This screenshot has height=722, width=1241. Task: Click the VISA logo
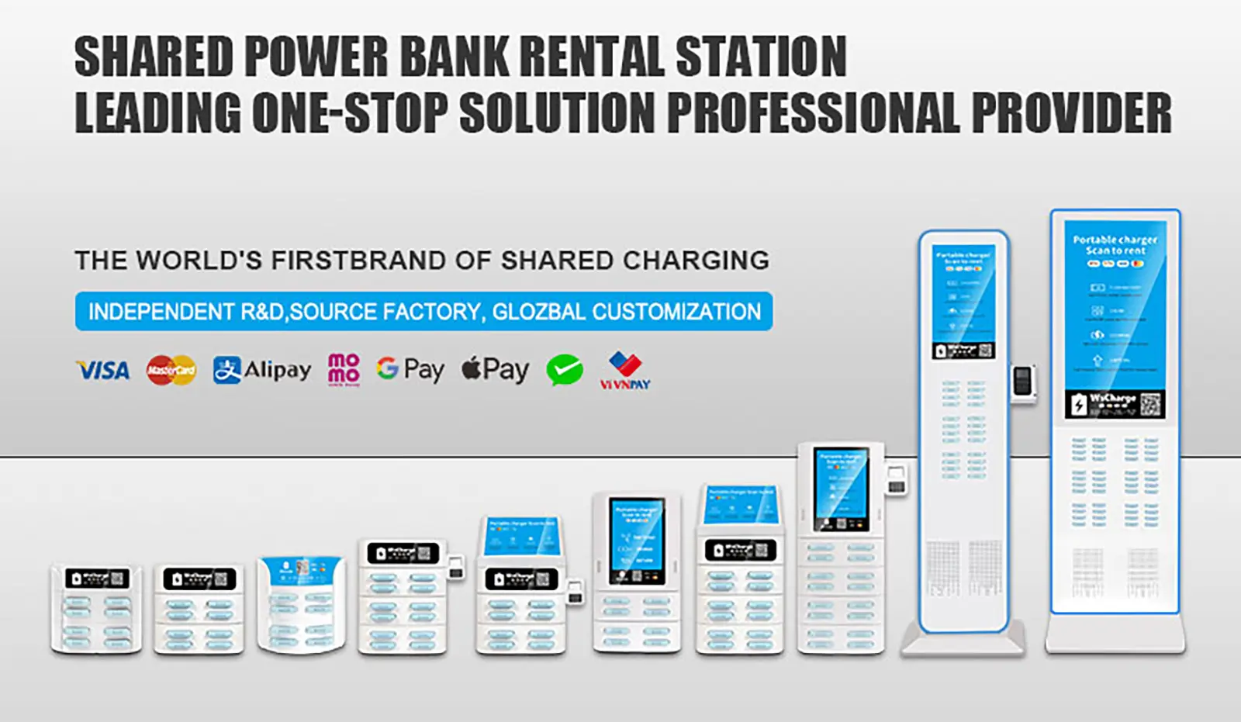(102, 371)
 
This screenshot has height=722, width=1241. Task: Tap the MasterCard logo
(171, 370)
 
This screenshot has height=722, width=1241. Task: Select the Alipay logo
(262, 370)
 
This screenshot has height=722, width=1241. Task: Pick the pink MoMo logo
(344, 369)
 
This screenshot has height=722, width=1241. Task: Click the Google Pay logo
(410, 369)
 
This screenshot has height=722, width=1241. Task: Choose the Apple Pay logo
(495, 369)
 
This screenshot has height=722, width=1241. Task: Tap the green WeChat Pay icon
(565, 370)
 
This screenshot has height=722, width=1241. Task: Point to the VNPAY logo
(625, 371)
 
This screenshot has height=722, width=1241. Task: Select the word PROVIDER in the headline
(1071, 113)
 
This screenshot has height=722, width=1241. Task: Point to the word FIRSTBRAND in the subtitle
(359, 261)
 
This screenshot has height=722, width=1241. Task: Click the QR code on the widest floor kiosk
(1151, 404)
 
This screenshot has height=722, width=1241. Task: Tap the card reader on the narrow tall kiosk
(1024, 382)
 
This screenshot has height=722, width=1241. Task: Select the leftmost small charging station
(96, 610)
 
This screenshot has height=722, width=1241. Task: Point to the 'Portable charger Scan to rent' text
(1115, 245)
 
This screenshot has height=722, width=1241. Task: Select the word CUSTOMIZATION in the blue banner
(676, 312)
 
